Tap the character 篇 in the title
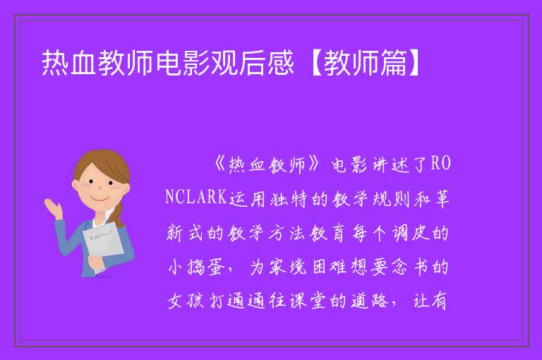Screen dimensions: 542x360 click(x=394, y=63)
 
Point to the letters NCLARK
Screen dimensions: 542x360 click(x=196, y=197)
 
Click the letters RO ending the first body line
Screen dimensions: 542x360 click(x=440, y=163)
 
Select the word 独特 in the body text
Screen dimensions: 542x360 click(x=289, y=198)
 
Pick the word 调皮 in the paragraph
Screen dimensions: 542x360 click(x=411, y=233)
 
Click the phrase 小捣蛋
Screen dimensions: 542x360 click(x=195, y=267)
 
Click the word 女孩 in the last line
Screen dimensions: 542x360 click(x=186, y=301)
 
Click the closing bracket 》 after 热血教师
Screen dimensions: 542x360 click(x=314, y=164)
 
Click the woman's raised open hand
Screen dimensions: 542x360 click(x=53, y=208)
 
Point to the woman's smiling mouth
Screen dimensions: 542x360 click(x=101, y=198)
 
